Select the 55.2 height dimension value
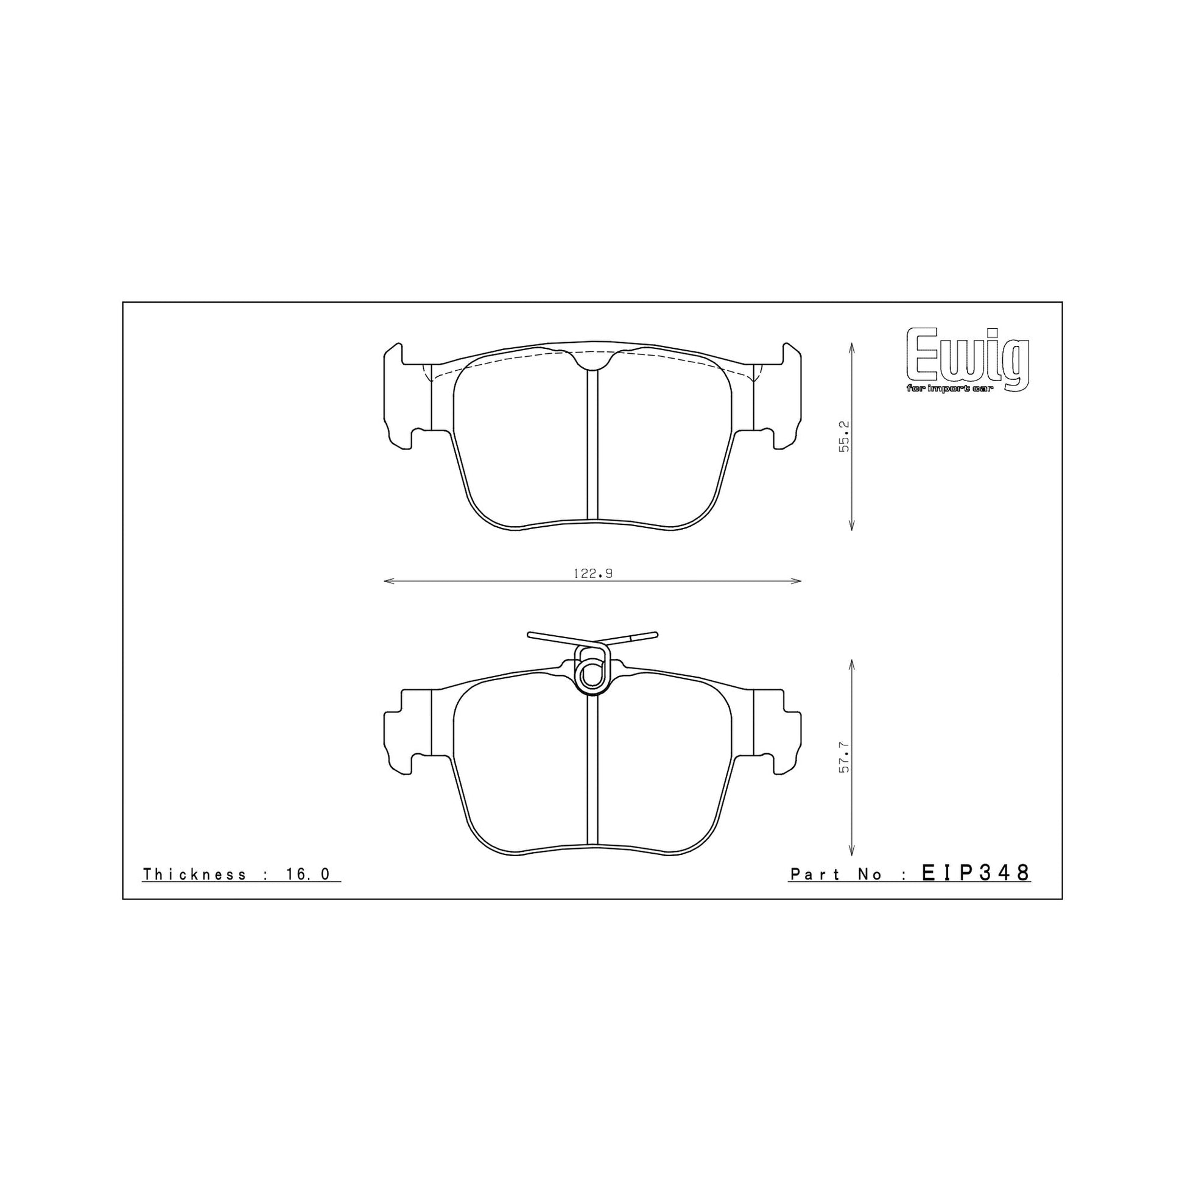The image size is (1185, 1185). click(x=845, y=436)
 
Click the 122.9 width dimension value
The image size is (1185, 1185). click(x=593, y=574)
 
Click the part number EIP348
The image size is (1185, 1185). click(x=976, y=873)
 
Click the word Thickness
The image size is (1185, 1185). click(x=194, y=874)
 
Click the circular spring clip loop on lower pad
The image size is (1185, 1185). click(x=592, y=676)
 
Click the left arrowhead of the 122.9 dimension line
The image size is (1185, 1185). click(x=387, y=581)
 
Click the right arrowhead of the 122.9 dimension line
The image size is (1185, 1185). click(x=798, y=581)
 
